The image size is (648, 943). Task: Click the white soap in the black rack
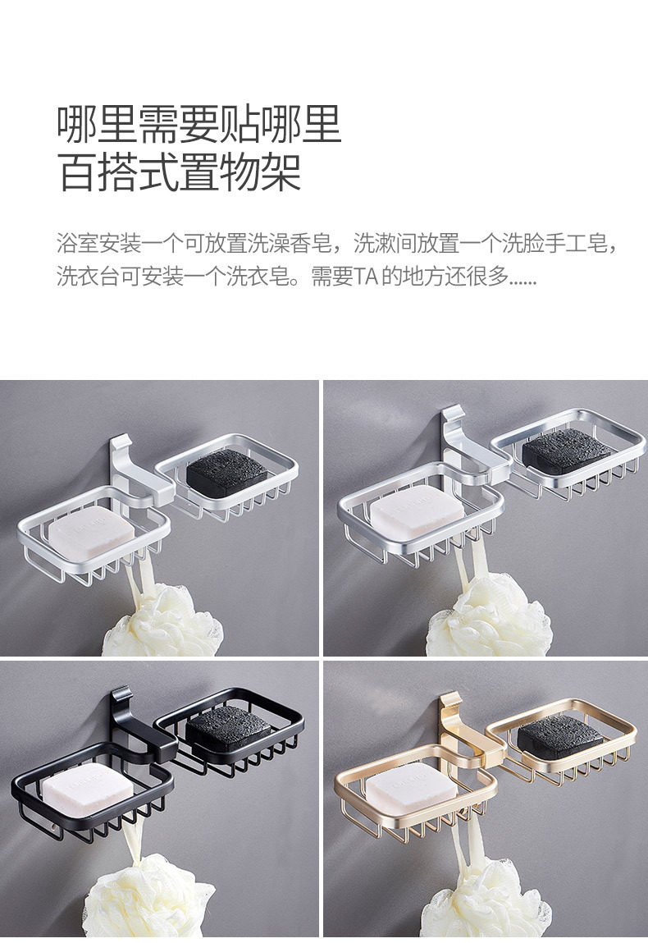(85, 786)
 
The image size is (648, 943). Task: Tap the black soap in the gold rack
(560, 736)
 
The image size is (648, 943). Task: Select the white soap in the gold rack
(410, 788)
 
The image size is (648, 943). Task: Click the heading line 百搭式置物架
(179, 172)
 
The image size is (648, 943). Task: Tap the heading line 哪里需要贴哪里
(199, 124)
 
